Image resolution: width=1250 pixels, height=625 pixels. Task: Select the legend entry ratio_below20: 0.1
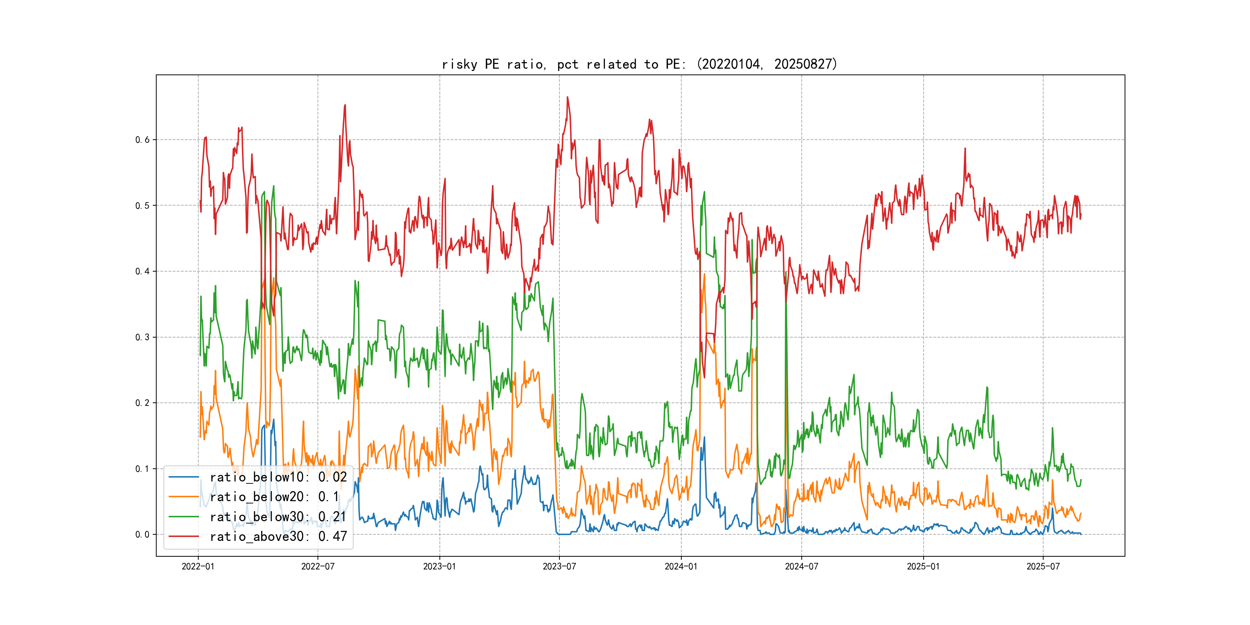[x=274, y=497]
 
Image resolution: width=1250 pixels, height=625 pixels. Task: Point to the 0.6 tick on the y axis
[x=142, y=140]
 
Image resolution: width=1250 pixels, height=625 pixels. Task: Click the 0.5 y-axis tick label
[x=142, y=206]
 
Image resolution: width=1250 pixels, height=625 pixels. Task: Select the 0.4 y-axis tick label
[x=142, y=271]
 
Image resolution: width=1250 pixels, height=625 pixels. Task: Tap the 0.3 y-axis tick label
[x=142, y=337]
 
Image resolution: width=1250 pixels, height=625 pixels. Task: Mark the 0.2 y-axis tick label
[x=142, y=403]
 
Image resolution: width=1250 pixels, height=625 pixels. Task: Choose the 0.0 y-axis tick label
[x=142, y=535]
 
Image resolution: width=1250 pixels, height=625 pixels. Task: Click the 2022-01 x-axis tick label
[x=198, y=566]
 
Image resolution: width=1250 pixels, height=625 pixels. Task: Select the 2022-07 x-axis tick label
[x=318, y=566]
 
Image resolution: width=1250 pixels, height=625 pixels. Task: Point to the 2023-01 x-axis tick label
[x=440, y=566]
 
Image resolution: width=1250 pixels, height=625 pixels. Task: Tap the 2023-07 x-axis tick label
[x=559, y=566]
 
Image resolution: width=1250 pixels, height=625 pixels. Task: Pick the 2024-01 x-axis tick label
[x=681, y=566]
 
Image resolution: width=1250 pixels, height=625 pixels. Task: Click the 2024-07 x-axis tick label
[x=802, y=566]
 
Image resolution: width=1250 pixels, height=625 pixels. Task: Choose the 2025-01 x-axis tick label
[x=924, y=566]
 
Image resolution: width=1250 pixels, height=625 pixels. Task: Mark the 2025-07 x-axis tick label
[x=1043, y=566]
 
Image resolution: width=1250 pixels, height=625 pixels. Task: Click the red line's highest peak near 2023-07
[x=567, y=97]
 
